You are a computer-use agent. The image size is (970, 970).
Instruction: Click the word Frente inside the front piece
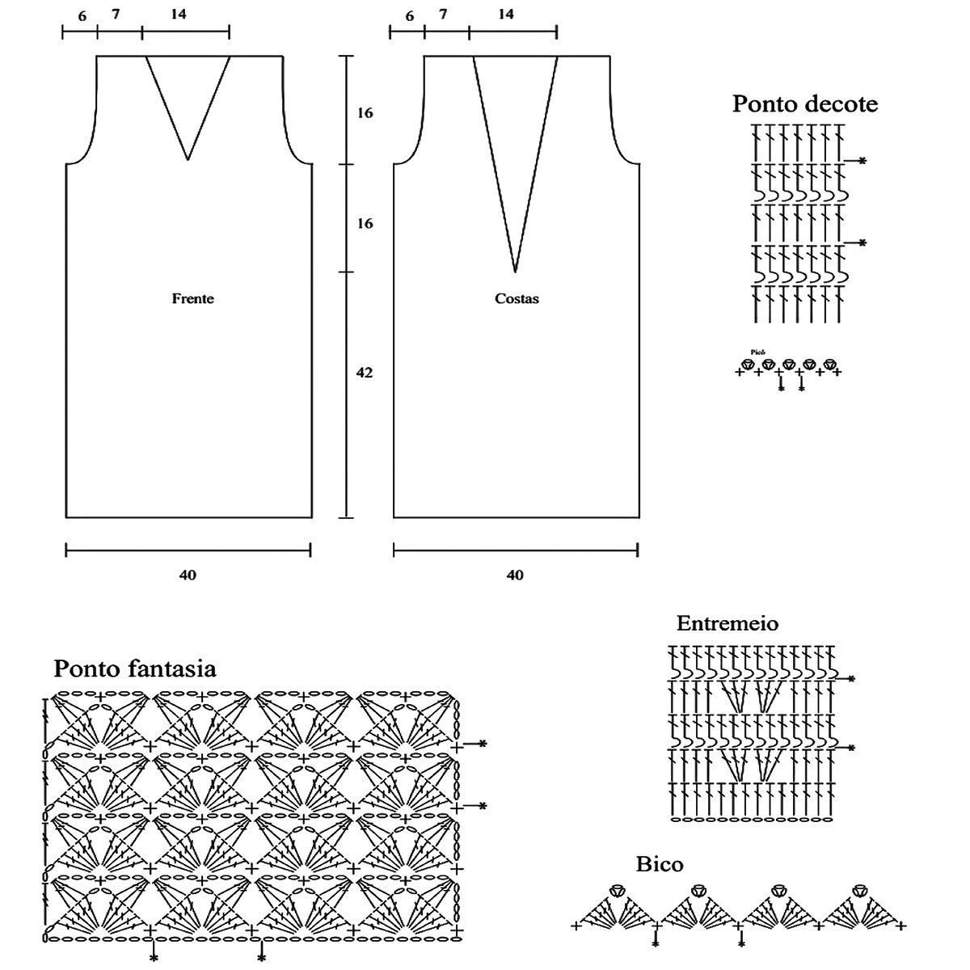(x=192, y=298)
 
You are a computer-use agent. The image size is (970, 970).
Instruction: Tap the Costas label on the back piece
(x=517, y=298)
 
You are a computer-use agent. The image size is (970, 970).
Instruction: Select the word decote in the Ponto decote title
(x=841, y=104)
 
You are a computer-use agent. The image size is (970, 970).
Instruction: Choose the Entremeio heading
(x=727, y=623)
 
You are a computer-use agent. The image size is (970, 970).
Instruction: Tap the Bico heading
(x=660, y=864)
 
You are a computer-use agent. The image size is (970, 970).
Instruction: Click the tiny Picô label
(x=757, y=352)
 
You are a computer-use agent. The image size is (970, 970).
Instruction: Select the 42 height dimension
(x=365, y=373)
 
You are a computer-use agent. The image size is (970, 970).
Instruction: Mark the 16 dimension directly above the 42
(x=365, y=223)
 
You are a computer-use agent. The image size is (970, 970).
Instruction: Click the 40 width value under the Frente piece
(x=188, y=575)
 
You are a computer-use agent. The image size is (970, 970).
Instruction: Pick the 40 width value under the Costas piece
(x=515, y=575)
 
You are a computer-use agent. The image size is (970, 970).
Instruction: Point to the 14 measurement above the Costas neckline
(x=506, y=15)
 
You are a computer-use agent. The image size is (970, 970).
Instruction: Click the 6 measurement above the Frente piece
(x=82, y=16)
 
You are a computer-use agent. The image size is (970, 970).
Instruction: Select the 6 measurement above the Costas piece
(x=410, y=16)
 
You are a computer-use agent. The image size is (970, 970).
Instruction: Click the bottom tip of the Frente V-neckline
(x=188, y=159)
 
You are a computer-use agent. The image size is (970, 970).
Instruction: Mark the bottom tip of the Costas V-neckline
(x=515, y=271)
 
